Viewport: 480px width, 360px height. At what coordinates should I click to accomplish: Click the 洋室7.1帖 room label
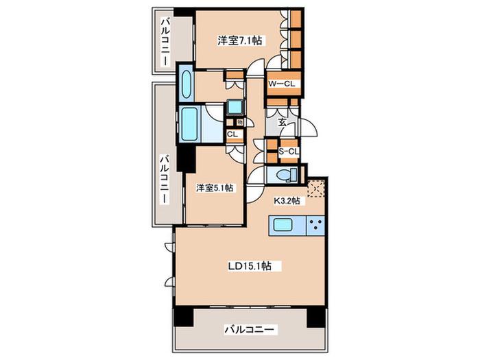click(x=240, y=40)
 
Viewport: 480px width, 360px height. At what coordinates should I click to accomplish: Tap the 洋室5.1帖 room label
click(x=215, y=188)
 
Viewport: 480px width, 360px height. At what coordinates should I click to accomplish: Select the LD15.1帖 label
click(x=250, y=266)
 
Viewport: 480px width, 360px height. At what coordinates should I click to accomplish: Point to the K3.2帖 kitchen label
click(x=287, y=201)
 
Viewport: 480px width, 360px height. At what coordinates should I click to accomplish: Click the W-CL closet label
click(x=282, y=84)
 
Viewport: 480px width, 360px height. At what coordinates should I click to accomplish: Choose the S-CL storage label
click(x=289, y=152)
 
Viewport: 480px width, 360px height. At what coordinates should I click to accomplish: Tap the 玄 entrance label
click(x=283, y=123)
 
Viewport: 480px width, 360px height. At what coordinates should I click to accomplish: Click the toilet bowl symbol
click(x=287, y=175)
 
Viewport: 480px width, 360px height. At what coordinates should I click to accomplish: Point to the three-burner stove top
click(x=315, y=226)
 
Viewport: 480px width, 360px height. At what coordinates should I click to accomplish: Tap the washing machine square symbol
click(x=235, y=107)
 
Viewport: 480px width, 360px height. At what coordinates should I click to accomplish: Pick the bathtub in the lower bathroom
click(x=189, y=124)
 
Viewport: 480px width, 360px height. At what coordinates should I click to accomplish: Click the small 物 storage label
click(x=240, y=123)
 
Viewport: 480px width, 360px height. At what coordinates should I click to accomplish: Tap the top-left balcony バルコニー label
click(x=165, y=42)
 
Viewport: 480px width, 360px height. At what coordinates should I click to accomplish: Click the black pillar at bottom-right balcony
click(x=315, y=317)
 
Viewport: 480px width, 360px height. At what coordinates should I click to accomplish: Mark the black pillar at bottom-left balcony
click(x=184, y=317)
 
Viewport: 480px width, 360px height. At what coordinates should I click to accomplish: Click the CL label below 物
click(x=232, y=134)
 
